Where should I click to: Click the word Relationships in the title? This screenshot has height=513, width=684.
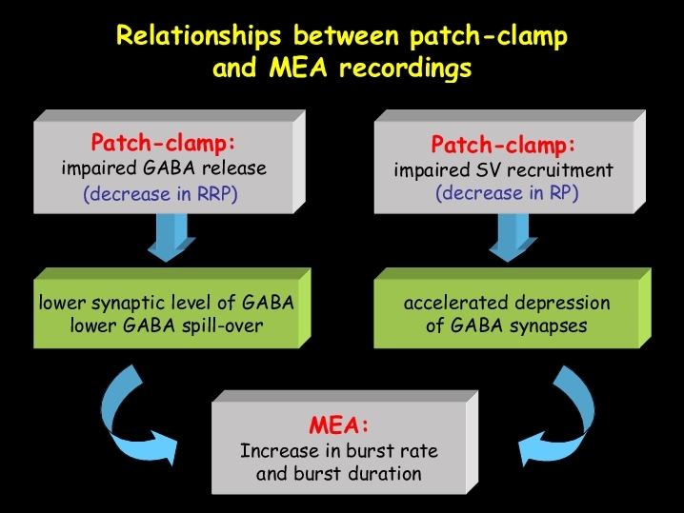[198, 36]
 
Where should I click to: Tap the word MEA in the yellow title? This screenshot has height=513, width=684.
[298, 68]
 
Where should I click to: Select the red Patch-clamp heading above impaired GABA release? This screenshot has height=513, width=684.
[163, 143]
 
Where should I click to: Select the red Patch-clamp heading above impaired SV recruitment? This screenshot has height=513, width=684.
[503, 145]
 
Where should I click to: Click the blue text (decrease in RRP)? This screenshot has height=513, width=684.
[161, 194]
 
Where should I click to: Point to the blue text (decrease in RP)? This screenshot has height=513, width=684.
[507, 193]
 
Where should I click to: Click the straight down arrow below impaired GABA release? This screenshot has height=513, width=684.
[171, 238]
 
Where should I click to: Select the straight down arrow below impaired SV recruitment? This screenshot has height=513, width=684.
[513, 238]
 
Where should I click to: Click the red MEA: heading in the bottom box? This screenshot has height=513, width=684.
[339, 424]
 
